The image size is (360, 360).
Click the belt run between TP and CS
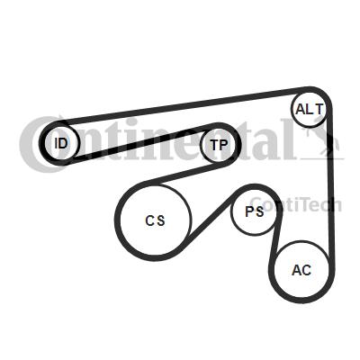point(183,174)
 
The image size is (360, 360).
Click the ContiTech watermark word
point(295,205)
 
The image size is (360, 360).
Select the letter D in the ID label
point(63,143)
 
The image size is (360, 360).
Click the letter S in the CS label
point(161,221)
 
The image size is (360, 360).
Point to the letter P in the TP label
point(224,145)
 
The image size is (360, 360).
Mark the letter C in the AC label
point(306,270)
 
